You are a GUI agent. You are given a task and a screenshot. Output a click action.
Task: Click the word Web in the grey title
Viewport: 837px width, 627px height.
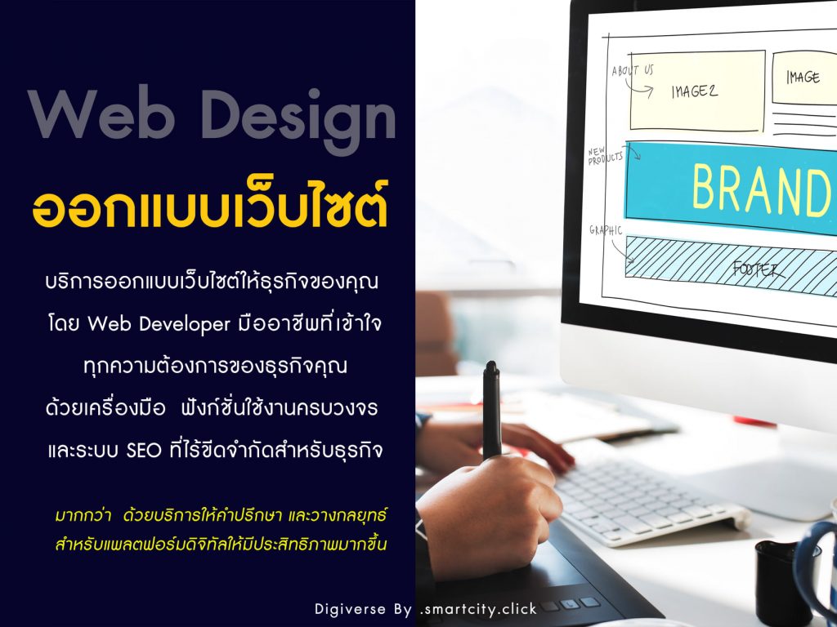(101, 114)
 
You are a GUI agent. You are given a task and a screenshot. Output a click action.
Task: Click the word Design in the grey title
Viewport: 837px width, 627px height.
(299, 121)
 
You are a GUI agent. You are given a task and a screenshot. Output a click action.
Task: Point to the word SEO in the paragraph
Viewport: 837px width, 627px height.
(144, 451)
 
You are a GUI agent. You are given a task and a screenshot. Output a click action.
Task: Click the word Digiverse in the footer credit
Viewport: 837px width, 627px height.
(350, 609)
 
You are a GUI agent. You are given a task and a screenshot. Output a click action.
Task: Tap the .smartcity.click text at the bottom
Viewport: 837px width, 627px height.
(478, 609)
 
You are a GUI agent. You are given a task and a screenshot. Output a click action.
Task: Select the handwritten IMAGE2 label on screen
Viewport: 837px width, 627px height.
(695, 91)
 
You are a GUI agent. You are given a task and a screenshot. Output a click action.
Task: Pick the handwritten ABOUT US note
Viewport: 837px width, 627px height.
(633, 70)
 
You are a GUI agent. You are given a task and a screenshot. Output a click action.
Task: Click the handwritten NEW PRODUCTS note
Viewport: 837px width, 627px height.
(606, 155)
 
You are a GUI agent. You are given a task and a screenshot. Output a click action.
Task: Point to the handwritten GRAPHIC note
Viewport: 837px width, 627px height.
(606, 230)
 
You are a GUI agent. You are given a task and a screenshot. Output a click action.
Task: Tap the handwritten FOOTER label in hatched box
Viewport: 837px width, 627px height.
(759, 269)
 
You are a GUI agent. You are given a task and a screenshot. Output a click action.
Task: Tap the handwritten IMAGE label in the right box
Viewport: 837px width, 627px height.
(803, 78)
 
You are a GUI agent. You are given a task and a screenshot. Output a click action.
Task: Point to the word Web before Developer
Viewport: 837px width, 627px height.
(110, 323)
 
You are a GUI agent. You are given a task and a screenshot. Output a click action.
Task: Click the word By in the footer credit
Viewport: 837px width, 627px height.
(402, 610)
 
